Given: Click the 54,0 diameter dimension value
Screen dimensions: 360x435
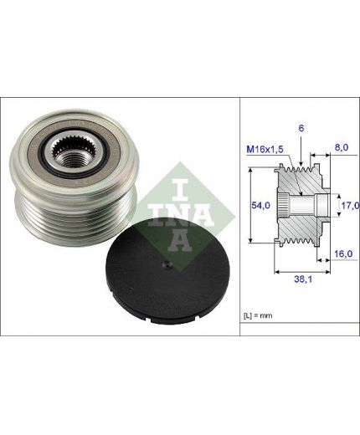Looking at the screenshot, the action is click(260, 206).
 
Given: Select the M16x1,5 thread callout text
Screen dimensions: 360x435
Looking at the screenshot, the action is click(265, 150).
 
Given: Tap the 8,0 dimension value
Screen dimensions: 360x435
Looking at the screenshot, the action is click(342, 147).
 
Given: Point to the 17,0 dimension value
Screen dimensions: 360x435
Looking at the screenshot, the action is click(350, 206).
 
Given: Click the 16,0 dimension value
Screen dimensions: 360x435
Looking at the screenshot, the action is click(343, 253).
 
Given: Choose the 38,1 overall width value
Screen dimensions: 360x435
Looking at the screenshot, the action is click(303, 279).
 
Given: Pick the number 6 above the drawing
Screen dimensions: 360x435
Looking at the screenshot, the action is click(301, 128).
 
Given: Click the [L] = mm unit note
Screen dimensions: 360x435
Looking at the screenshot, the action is click(258, 315).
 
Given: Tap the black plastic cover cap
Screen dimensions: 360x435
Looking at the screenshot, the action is click(167, 272).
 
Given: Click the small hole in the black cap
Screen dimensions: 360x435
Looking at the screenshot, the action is click(167, 264).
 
